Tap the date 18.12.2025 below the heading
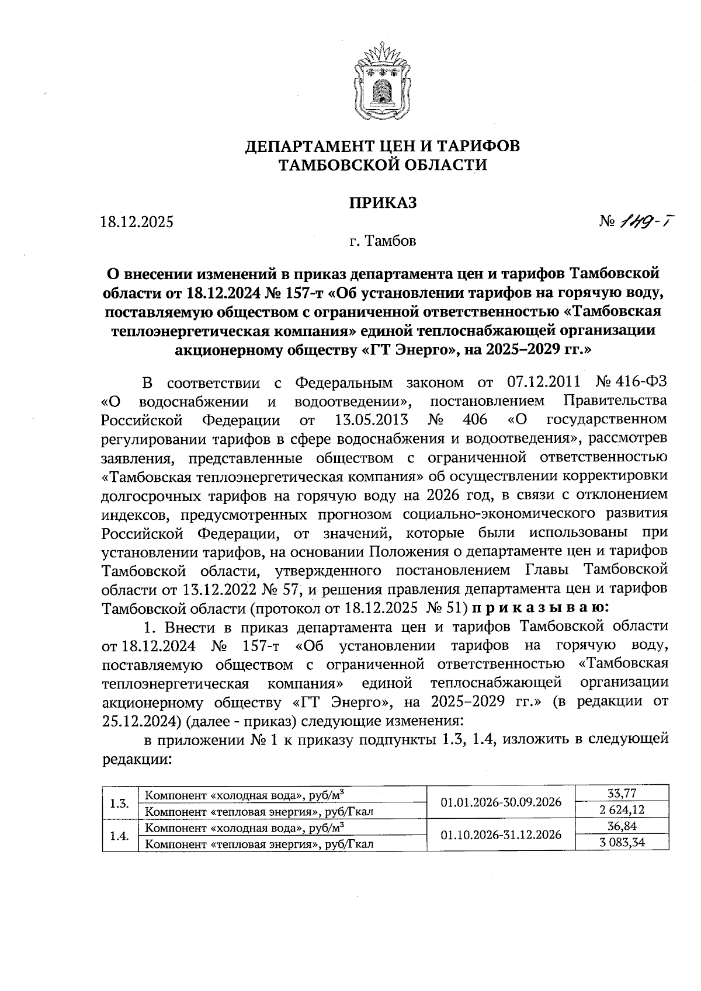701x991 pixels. pyautogui.click(x=137, y=222)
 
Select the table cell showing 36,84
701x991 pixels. pyautogui.click(x=622, y=826)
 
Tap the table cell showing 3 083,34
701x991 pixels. pyautogui.click(x=622, y=842)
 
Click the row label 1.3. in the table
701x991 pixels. pyautogui.click(x=119, y=802)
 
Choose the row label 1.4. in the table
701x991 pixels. pyautogui.click(x=119, y=834)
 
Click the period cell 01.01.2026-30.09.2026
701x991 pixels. pyautogui.click(x=501, y=802)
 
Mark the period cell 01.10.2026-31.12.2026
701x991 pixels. pyautogui.click(x=501, y=834)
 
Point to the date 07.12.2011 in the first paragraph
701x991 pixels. pyautogui.click(x=541, y=383)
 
